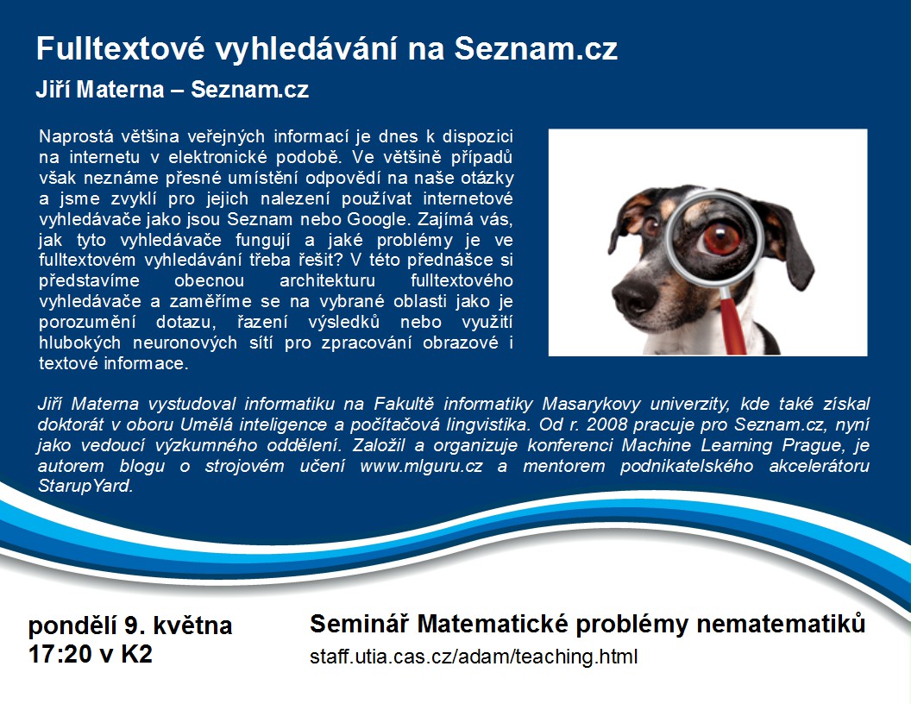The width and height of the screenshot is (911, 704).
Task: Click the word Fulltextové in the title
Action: (120, 48)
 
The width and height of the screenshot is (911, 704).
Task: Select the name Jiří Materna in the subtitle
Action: (100, 90)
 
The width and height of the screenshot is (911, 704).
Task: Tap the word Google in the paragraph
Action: (378, 219)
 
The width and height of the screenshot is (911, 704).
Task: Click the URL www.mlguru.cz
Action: (421, 466)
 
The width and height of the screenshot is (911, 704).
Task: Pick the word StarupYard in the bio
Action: (85, 487)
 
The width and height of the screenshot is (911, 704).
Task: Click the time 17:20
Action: (60, 654)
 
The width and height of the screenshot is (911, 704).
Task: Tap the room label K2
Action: (136, 654)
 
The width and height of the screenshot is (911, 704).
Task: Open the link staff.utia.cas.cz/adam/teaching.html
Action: (474, 657)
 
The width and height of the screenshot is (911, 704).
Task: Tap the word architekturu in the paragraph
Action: (328, 281)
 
